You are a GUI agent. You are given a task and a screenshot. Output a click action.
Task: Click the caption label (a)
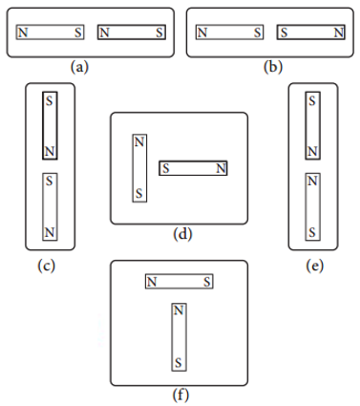(x=79, y=67)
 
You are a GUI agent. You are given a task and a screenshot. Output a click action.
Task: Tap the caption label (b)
(x=273, y=67)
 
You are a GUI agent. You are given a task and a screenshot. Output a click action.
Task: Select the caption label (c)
(x=46, y=266)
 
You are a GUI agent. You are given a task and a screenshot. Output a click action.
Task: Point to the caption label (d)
(x=182, y=234)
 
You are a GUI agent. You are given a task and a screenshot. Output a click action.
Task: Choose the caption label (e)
(x=315, y=266)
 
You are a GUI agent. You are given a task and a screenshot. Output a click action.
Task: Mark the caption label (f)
(x=180, y=395)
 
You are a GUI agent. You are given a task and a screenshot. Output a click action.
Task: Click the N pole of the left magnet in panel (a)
(x=23, y=32)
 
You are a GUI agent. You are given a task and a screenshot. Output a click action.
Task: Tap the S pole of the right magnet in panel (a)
(x=159, y=32)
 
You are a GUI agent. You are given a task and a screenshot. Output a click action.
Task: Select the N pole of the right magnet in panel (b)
(x=339, y=32)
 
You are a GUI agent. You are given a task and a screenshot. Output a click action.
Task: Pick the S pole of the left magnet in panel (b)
(x=258, y=32)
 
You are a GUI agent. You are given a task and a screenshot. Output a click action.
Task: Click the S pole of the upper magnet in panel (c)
(x=50, y=101)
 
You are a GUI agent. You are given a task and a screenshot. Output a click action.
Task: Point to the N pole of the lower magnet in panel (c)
(x=50, y=232)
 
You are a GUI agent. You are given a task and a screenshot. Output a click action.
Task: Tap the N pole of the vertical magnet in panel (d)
(x=139, y=141)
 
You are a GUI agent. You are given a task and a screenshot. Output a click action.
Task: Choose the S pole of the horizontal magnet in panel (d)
(x=165, y=168)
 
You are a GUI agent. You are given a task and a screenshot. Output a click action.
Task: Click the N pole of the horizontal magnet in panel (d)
(x=222, y=168)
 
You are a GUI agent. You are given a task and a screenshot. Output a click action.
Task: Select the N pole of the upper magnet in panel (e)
(x=312, y=152)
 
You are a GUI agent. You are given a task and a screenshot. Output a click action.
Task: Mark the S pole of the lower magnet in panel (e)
(x=312, y=232)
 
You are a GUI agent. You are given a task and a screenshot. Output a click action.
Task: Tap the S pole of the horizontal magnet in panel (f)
(x=207, y=282)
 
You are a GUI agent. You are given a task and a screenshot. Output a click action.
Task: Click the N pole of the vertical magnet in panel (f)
(x=179, y=310)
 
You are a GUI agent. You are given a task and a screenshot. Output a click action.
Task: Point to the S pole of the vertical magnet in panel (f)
(x=179, y=363)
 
